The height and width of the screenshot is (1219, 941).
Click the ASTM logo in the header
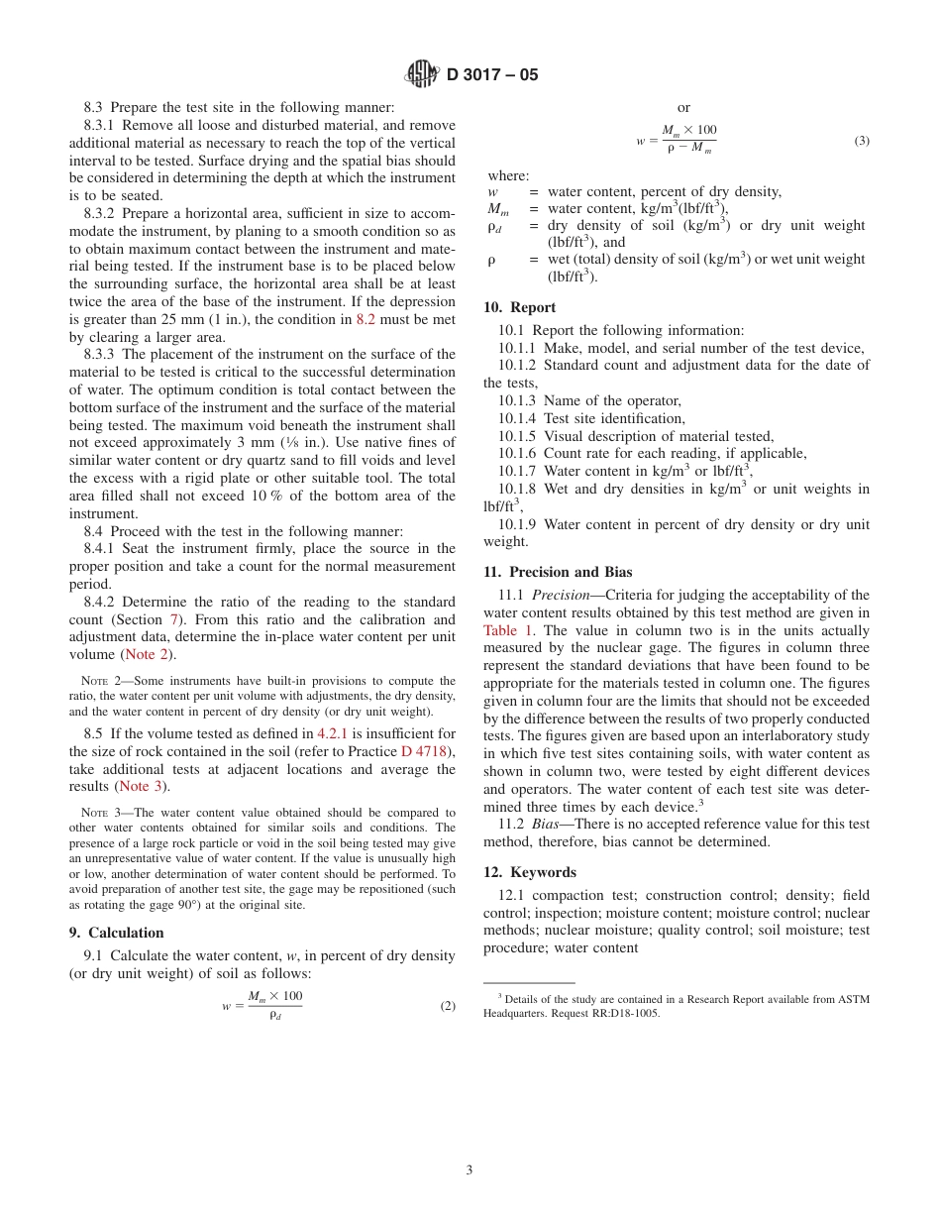[x=423, y=74]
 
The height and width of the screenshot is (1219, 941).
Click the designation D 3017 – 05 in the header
[x=492, y=74]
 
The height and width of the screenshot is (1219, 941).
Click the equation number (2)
[x=448, y=1006]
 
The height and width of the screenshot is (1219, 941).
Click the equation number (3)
[x=862, y=141]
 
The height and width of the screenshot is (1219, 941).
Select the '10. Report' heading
[x=519, y=307]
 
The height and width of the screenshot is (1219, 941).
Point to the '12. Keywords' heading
[x=529, y=872]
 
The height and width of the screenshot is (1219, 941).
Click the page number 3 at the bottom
[x=470, y=1169]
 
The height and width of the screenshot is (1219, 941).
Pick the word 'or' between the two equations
[x=683, y=107]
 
